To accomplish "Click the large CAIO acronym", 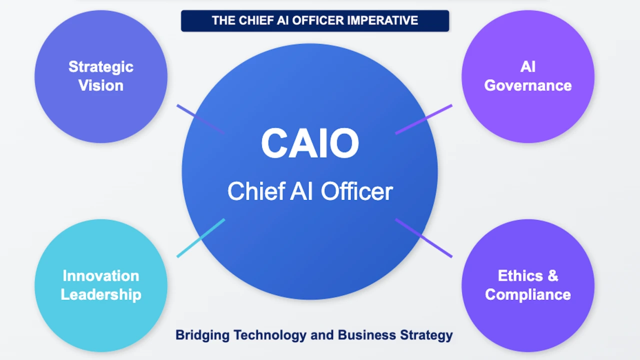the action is click(x=310, y=143).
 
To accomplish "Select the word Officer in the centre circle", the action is click(x=357, y=191).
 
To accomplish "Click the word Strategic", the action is click(x=101, y=67).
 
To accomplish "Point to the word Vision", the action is click(x=101, y=85).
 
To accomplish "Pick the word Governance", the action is click(x=528, y=85).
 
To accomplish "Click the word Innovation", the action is click(x=101, y=275).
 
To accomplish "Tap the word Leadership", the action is click(x=101, y=295).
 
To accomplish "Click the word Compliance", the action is click(x=528, y=295).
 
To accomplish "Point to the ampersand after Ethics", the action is click(x=553, y=275).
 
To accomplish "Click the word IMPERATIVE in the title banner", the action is click(x=382, y=20).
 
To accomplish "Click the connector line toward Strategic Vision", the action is click(x=201, y=119).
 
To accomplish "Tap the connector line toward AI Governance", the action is click(x=423, y=119).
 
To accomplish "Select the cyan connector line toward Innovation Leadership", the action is click(x=201, y=238).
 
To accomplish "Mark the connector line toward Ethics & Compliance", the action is click(x=423, y=238).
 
